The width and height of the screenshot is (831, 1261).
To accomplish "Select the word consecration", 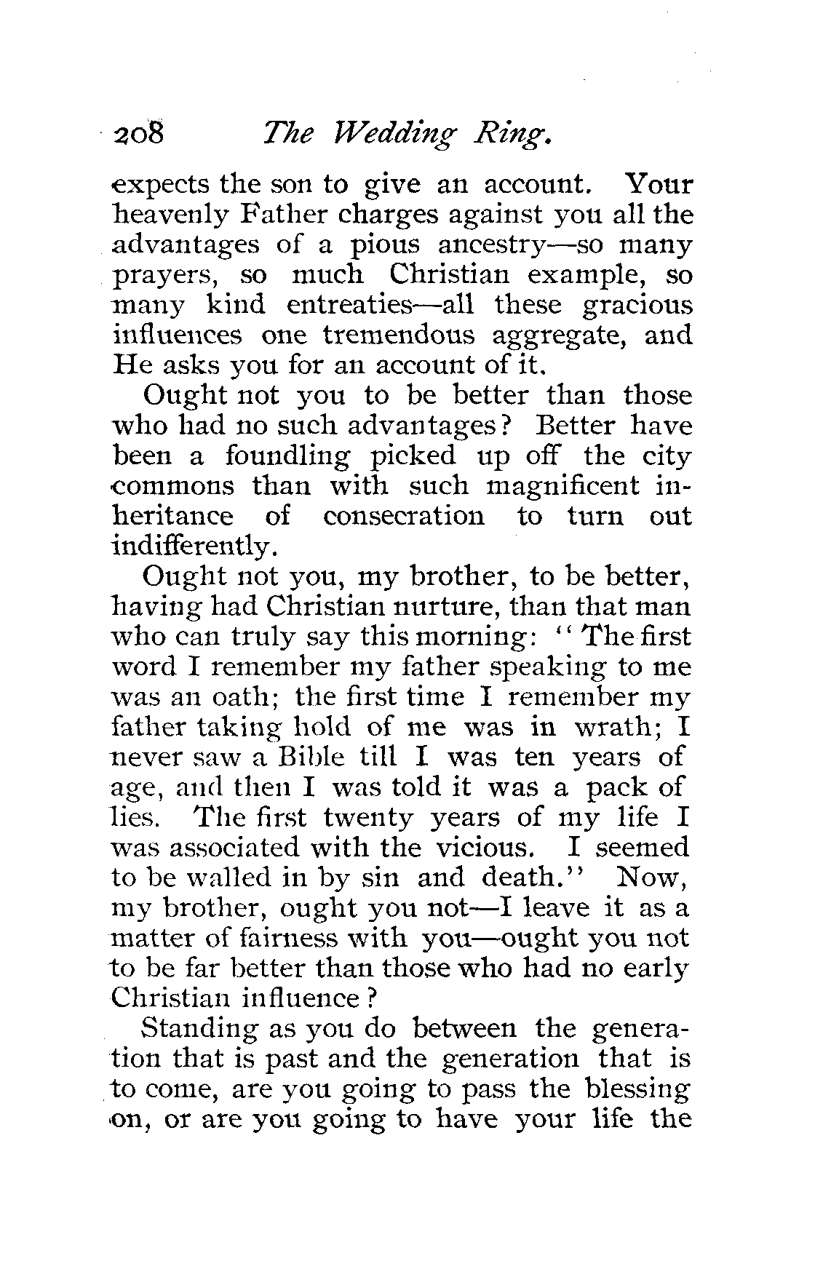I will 403,517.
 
